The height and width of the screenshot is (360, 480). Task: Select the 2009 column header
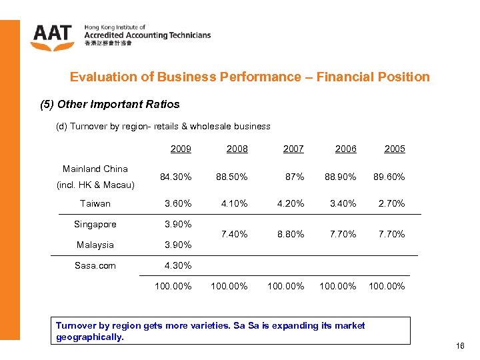tap(181, 149)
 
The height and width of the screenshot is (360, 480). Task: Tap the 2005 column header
tap(395, 149)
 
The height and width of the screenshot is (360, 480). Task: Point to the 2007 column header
tap(293, 149)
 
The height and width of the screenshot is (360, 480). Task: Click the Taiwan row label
tap(95, 203)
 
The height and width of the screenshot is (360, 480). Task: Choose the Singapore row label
tap(95, 224)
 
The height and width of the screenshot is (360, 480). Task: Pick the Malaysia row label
tap(95, 245)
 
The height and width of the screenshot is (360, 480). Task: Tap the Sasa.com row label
tap(95, 265)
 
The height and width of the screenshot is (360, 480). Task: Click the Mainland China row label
tap(95, 169)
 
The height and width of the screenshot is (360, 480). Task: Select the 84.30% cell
tap(177, 177)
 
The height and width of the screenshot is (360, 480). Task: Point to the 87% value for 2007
tap(295, 177)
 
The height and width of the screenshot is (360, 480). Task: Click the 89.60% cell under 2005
tap(390, 177)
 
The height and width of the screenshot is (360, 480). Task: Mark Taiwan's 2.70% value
tap(391, 203)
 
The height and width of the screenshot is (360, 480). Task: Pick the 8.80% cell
tap(291, 234)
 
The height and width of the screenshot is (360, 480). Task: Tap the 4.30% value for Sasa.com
tap(179, 265)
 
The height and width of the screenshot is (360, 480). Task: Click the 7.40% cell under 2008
tap(235, 234)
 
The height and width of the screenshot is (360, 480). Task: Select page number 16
tap(460, 346)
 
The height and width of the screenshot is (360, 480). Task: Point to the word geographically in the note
tap(90, 337)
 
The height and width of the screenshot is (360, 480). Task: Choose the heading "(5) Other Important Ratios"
tap(111, 105)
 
